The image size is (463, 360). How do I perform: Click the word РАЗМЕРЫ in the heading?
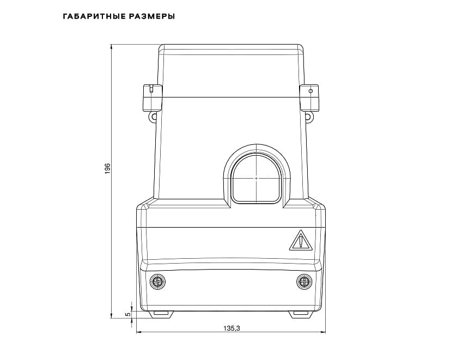pos(152,16)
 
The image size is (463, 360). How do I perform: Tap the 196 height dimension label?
pos(107,168)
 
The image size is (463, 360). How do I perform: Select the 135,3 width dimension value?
pos(231,328)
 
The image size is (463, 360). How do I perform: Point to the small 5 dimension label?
pos(128,314)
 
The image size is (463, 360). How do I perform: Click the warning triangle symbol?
pos(301,240)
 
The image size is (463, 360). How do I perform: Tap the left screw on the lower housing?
pos(158,282)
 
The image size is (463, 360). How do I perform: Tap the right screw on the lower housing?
pos(304,282)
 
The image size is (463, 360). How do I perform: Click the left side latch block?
pos(153,98)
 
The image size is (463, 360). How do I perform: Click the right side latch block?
pos(309,98)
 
